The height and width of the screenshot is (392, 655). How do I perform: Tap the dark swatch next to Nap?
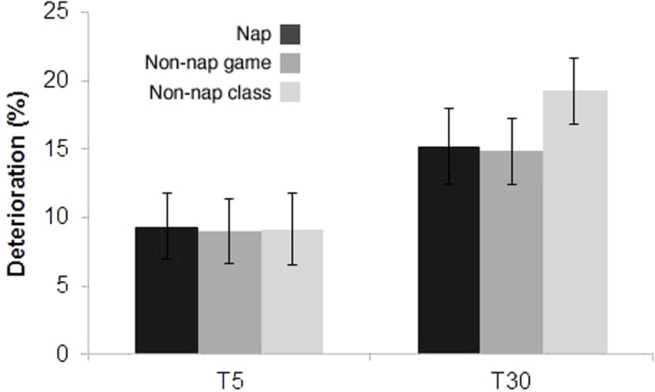[290, 33]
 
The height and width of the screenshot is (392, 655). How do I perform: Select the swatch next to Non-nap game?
[290, 63]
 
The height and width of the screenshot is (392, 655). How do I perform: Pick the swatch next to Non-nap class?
[290, 93]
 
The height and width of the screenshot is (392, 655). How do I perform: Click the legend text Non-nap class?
[210, 93]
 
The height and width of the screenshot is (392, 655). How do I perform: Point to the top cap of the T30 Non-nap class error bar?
[574, 58]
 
